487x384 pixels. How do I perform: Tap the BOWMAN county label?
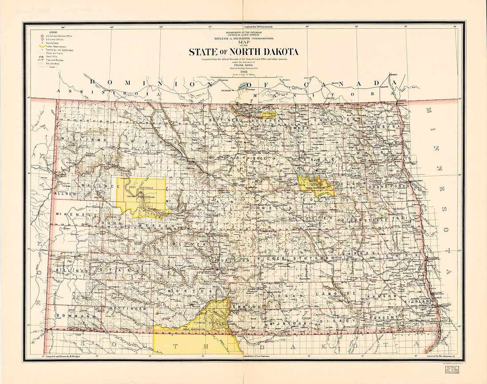(70, 316)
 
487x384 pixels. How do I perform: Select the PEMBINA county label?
(384, 126)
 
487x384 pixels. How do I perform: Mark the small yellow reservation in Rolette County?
(269, 115)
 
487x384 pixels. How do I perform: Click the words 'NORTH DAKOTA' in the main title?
(265, 52)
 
